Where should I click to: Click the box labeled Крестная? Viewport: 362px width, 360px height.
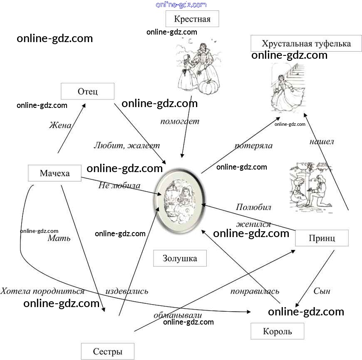pos(192,19)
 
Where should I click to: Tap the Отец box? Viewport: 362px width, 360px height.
pos(87,91)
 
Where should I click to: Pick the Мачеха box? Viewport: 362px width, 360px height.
pos(55,173)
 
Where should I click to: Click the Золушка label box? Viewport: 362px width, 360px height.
pos(180,258)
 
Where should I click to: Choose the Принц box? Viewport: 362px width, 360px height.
pos(322,238)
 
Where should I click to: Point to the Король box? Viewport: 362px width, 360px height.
pos(277,331)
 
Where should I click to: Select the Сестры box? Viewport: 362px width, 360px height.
pos(107,351)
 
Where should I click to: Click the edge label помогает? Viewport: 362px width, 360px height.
pos(180,122)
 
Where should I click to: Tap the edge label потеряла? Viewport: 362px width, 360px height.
pos(253,146)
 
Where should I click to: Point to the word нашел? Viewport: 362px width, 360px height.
pos(321,142)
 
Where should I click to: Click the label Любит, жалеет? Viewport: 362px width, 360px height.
pos(126,146)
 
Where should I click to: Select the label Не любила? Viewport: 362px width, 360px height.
pos(119,185)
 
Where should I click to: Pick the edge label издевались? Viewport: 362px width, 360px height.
pos(126,291)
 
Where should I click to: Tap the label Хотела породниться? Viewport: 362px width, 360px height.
pos(42,291)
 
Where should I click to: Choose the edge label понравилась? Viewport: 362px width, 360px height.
pos(255,291)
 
